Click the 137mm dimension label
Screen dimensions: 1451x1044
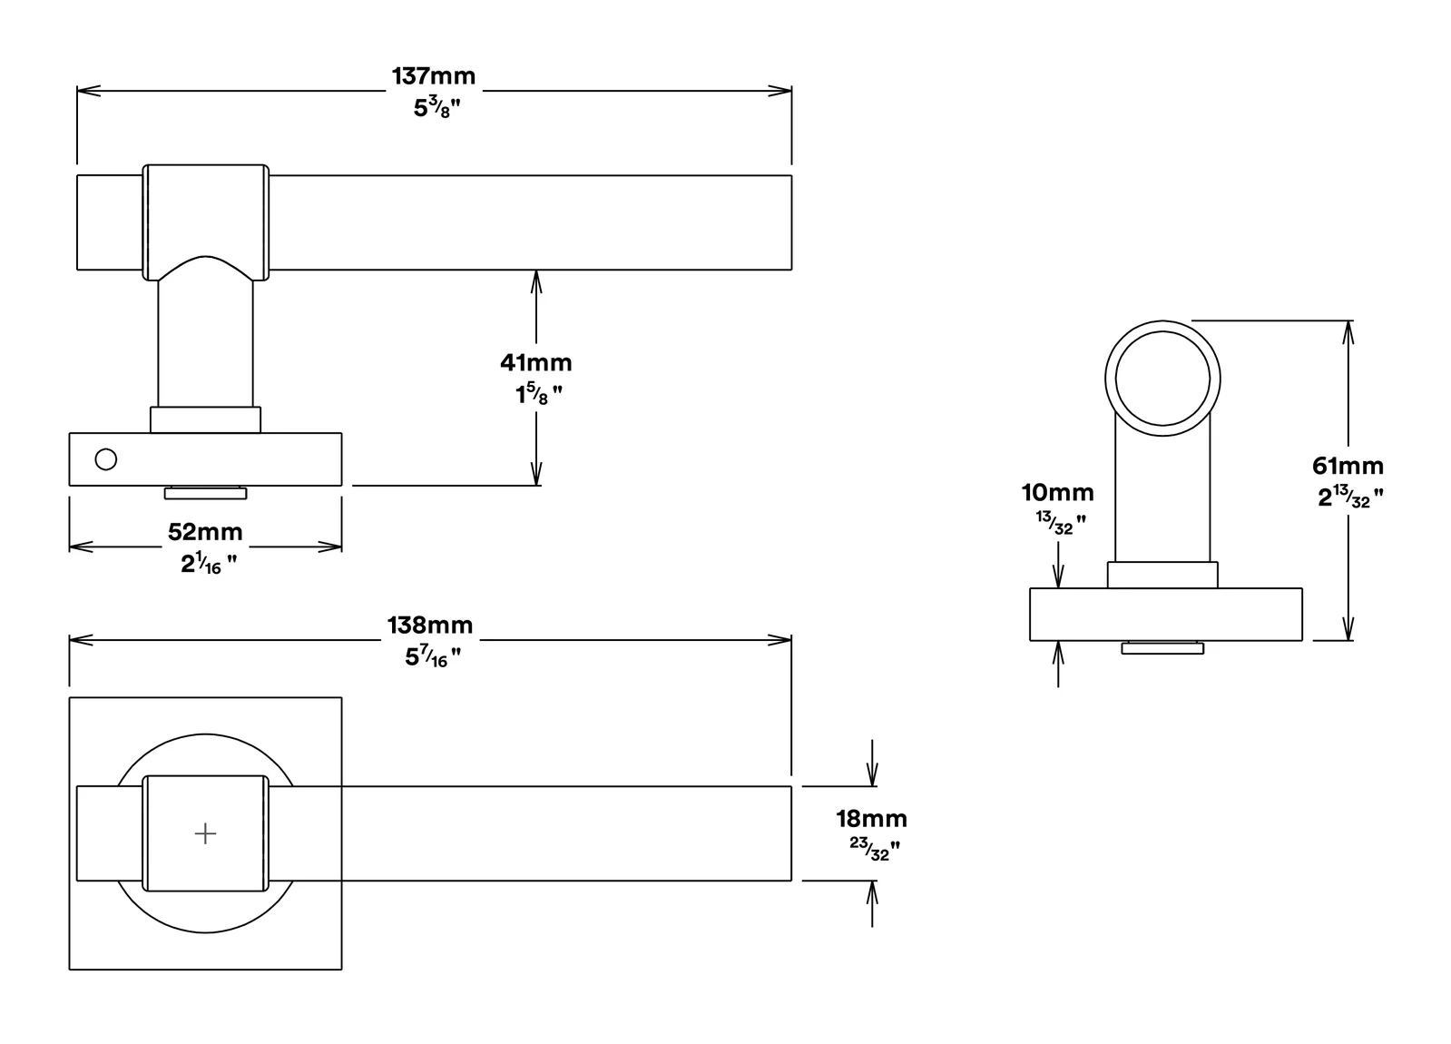click(x=434, y=76)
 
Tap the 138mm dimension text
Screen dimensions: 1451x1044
click(x=430, y=625)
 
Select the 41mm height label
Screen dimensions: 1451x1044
click(x=535, y=363)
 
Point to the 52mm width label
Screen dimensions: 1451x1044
click(x=205, y=532)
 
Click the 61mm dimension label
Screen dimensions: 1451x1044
click(x=1348, y=466)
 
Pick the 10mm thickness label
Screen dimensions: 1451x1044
click(x=1058, y=493)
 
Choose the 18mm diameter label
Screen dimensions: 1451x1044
click(x=871, y=819)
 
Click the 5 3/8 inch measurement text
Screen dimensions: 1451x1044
click(x=437, y=107)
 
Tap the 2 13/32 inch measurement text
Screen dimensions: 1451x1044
click(x=1350, y=497)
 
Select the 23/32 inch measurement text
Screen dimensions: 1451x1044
click(x=875, y=849)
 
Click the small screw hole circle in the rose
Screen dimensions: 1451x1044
click(x=105, y=459)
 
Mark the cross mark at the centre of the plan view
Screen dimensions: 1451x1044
click(x=205, y=833)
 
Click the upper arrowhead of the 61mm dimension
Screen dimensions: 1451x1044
click(x=1348, y=331)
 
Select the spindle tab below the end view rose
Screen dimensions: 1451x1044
click(x=1162, y=647)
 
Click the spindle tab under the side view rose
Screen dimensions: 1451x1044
click(x=205, y=493)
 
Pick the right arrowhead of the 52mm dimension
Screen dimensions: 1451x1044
click(x=329, y=547)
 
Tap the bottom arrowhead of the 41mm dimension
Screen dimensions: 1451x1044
click(x=535, y=474)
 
